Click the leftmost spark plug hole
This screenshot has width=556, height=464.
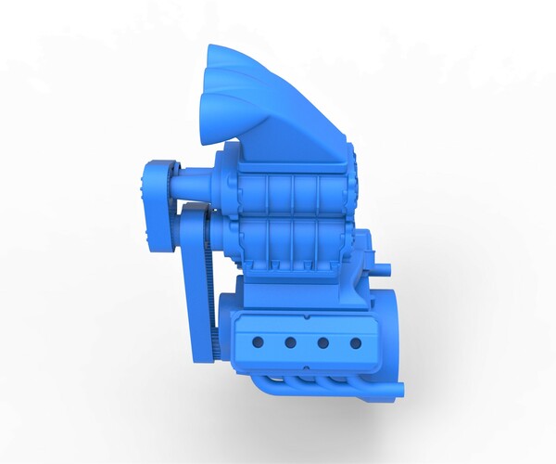tap(259, 342)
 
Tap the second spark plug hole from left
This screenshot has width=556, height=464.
tap(290, 342)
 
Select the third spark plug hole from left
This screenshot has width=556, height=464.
tap(322, 342)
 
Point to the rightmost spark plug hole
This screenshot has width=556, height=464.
tap(355, 342)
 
